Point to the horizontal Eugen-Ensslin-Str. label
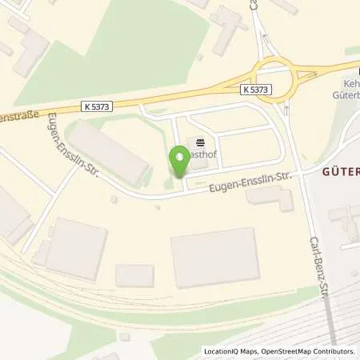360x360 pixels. click(x=248, y=179)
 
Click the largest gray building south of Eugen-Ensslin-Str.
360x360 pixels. click(x=214, y=258)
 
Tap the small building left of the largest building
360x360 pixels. click(x=134, y=276)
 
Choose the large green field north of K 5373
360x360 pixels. click(x=120, y=48)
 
